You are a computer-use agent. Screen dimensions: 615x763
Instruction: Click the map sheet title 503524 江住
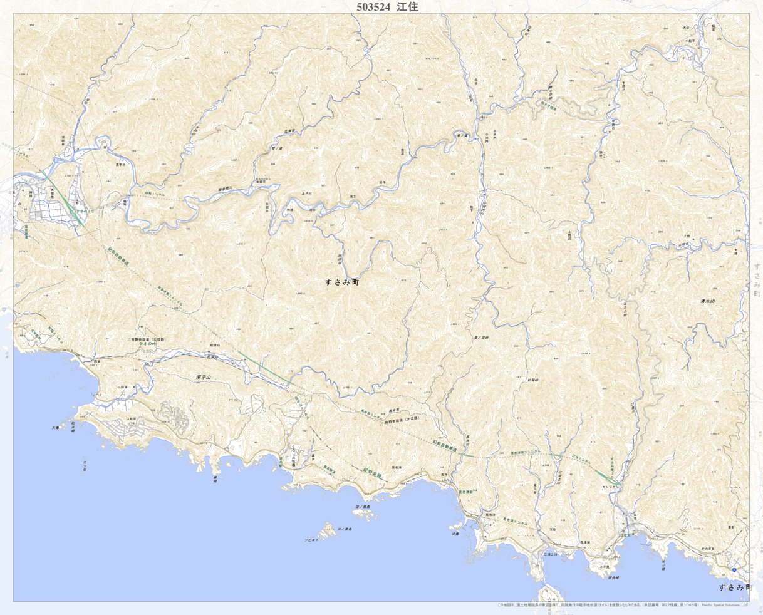click(x=387, y=7)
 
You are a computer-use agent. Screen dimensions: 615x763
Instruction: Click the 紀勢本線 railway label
click(x=373, y=474)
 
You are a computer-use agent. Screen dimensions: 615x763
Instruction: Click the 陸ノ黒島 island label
click(x=362, y=507)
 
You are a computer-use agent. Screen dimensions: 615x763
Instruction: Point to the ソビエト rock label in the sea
click(x=311, y=539)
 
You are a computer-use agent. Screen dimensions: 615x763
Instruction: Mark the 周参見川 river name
click(x=225, y=187)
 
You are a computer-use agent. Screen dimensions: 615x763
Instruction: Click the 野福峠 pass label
click(x=533, y=380)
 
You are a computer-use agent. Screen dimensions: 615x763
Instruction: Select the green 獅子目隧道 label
click(x=548, y=105)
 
